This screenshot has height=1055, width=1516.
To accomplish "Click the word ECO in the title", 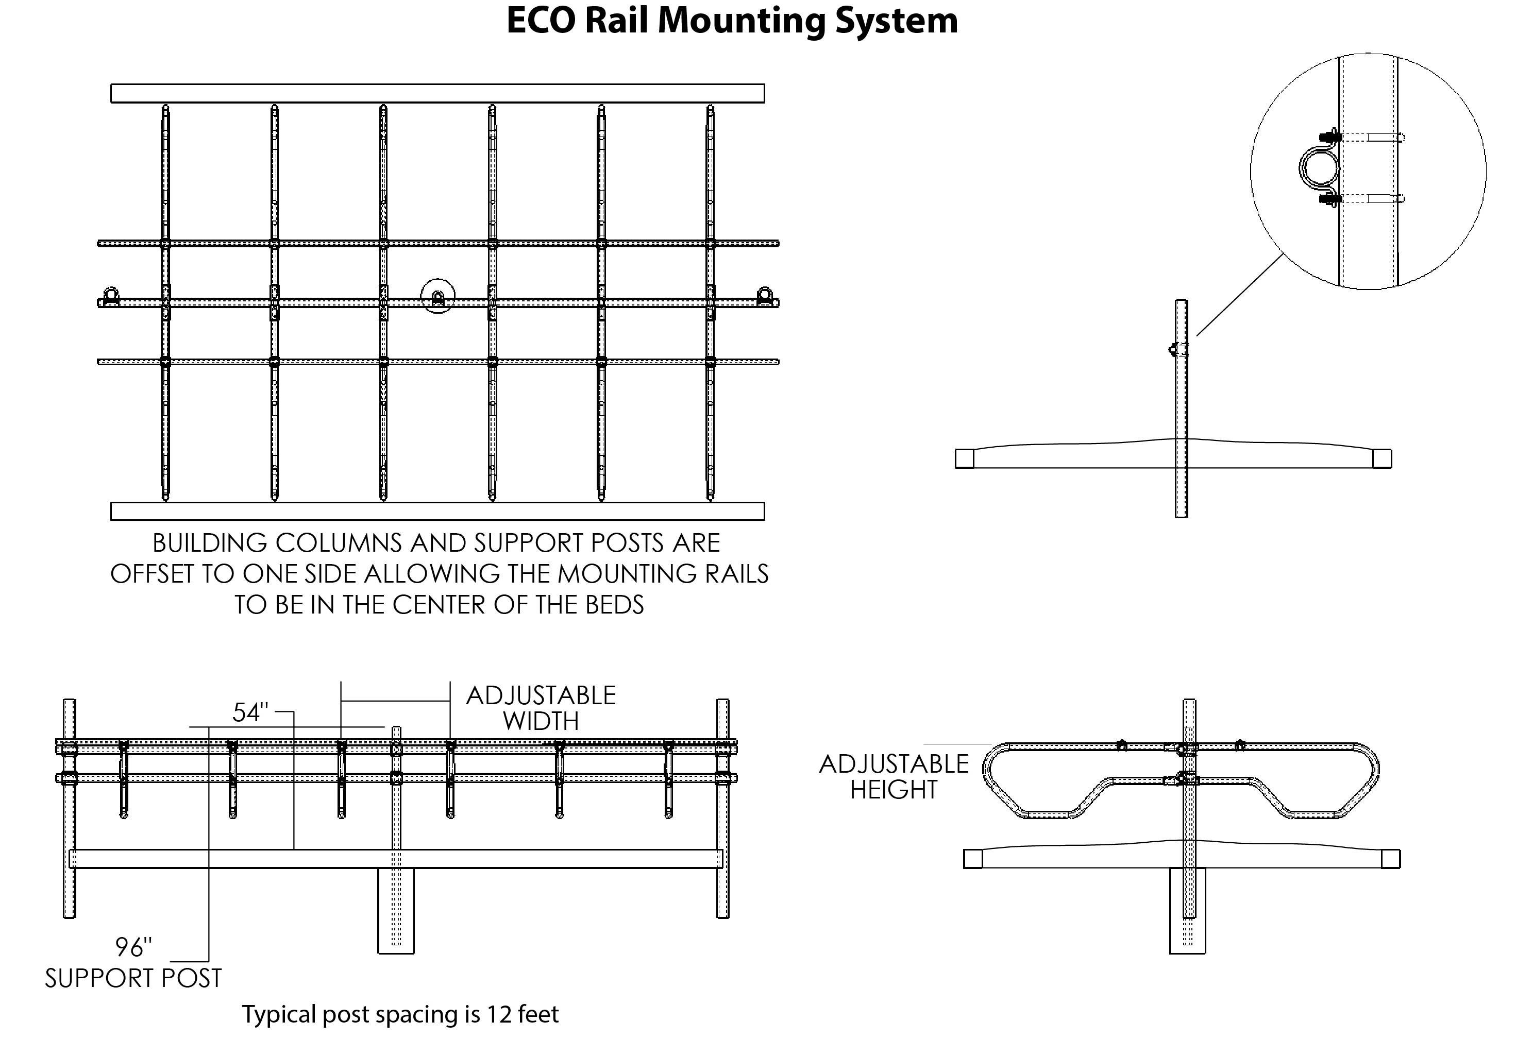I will point(542,21).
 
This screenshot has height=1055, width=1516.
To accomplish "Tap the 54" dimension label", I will point(250,712).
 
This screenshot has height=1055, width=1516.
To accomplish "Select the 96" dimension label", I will point(133,947).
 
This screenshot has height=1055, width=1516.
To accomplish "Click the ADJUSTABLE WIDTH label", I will point(541,708).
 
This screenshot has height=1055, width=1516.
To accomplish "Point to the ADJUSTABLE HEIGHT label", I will point(894,776).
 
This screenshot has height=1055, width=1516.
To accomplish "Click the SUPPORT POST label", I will point(133,978).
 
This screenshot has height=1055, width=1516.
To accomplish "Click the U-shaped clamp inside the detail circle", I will point(1317,167).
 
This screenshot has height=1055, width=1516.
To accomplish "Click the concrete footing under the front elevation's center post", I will point(396,911).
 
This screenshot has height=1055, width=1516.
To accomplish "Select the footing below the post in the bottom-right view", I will point(1187,911).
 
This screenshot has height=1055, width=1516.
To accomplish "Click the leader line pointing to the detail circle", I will point(1239,295).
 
